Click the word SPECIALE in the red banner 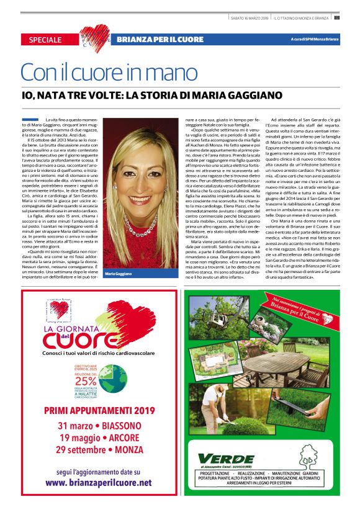click(x=45, y=40)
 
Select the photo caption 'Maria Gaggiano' click(x=119, y=274)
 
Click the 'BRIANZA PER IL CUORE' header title click(x=160, y=40)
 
